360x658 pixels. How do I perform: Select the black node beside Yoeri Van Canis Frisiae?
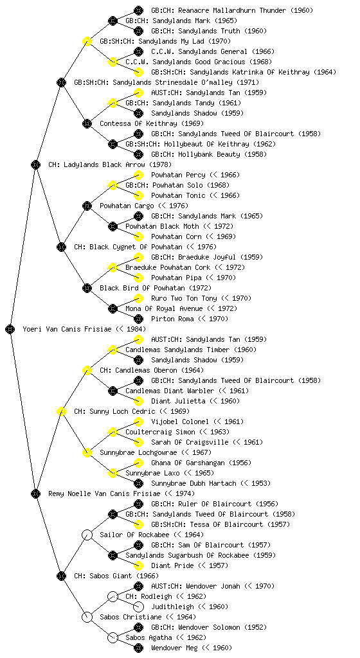[10, 330]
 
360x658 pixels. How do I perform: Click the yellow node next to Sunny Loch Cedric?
[61, 412]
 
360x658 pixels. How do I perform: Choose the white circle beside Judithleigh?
[138, 607]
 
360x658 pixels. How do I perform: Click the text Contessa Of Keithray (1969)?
[152, 124]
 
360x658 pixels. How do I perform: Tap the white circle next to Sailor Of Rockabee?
[87, 535]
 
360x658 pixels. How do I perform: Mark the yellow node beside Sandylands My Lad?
[87, 42]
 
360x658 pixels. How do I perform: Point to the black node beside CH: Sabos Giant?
[61, 576]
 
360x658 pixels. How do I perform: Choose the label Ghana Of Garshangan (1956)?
[201, 463]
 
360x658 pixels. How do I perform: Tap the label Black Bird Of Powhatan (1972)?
[155, 289]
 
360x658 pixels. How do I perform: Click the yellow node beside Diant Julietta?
[138, 401]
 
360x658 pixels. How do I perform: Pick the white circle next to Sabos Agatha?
[113, 637]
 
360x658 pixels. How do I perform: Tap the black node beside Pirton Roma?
[138, 319]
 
